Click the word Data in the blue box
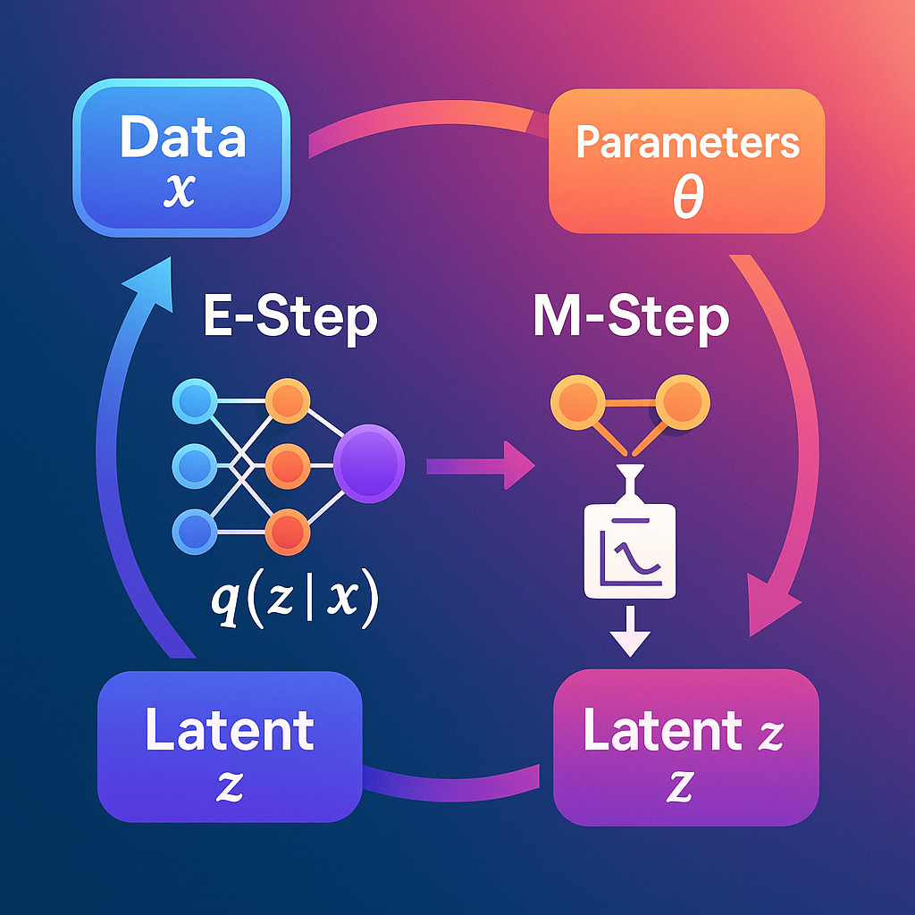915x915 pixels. (182, 139)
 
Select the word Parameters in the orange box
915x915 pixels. (687, 143)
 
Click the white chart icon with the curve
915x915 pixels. (630, 550)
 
